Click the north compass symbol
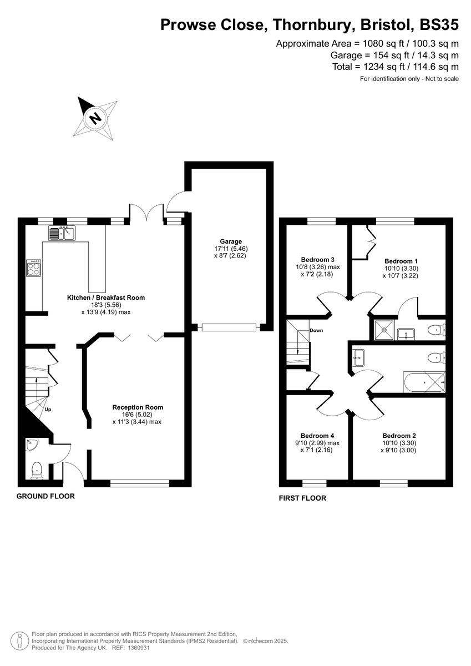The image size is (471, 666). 95,118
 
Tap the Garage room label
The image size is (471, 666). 231,241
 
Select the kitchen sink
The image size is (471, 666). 62,234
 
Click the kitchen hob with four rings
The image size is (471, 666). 33,269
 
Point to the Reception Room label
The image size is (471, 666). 138,407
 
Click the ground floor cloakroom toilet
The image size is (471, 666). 37,470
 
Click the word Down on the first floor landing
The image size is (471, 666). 316,331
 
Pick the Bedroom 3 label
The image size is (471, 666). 317,259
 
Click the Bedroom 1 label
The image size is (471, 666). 401,261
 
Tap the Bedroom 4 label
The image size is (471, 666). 317,436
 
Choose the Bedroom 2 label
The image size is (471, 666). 399,436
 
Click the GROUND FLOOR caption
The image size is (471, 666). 45,496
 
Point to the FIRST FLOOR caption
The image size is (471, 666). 302,498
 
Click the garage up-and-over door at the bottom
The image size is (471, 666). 230,327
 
